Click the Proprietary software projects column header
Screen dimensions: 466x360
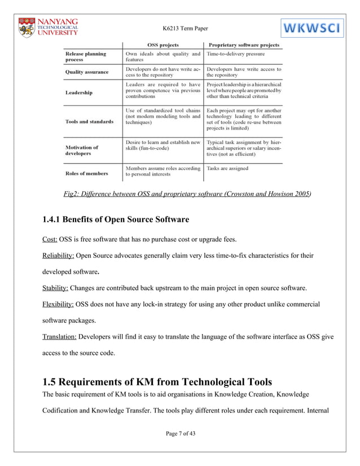click(244, 45)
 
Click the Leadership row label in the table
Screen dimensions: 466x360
click(79, 92)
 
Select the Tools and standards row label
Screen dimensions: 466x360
click(89, 121)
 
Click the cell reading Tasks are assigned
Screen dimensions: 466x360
click(227, 168)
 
